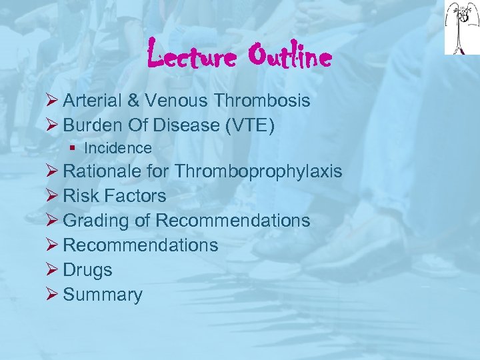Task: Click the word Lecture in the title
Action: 191,57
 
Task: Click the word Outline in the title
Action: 289,57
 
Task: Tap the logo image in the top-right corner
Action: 461,27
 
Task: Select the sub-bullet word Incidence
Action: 118,148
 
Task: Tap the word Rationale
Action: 103,171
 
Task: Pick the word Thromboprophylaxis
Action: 259,171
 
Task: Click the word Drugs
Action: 87,270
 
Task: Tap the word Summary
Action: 103,295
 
